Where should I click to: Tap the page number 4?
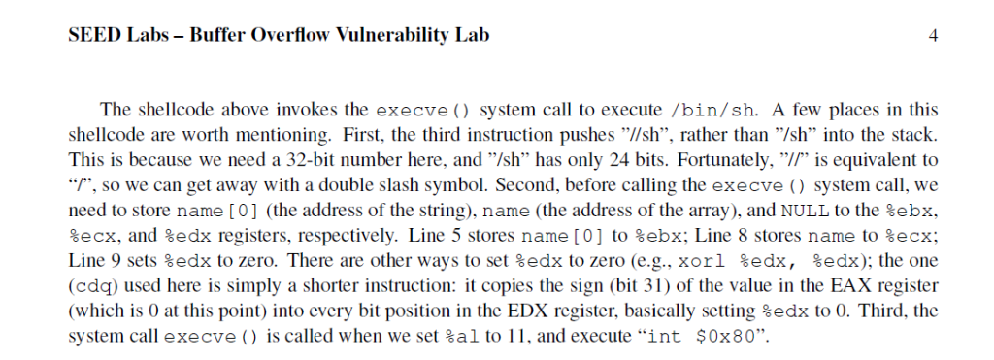pyautogui.click(x=933, y=37)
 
